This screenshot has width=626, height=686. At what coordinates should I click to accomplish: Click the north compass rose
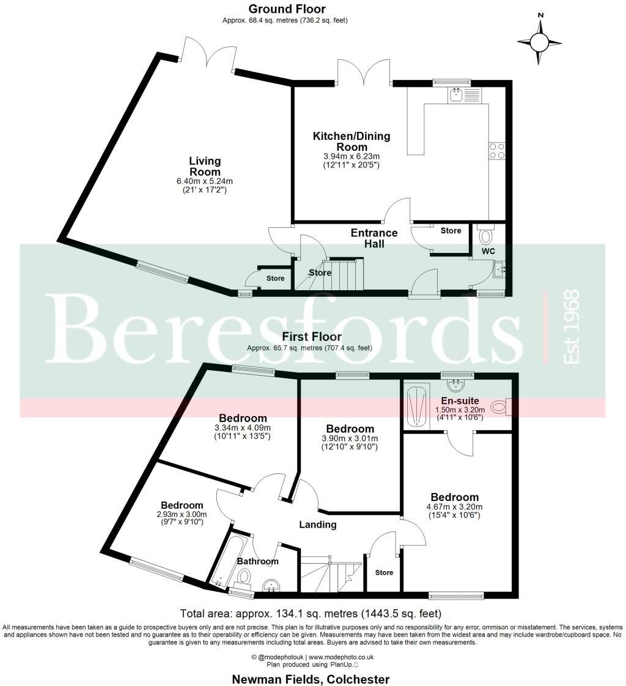pyautogui.click(x=539, y=42)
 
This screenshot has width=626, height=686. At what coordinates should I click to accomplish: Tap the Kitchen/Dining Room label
pyautogui.click(x=352, y=142)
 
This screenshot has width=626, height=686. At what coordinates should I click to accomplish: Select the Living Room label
pyautogui.click(x=205, y=166)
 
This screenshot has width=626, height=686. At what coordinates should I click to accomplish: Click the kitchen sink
pyautogui.click(x=456, y=95)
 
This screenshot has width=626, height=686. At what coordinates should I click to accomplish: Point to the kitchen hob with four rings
pyautogui.click(x=496, y=150)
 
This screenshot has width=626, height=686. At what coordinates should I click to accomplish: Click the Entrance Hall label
pyautogui.click(x=374, y=238)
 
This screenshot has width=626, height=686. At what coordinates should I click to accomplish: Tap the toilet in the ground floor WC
pyautogui.click(x=487, y=235)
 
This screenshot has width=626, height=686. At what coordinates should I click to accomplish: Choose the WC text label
pyautogui.click(x=487, y=252)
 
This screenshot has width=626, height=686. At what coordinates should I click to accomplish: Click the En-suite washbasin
pyautogui.click(x=454, y=384)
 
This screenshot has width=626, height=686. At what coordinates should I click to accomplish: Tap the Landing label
pyautogui.click(x=317, y=525)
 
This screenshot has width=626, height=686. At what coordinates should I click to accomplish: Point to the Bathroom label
pyautogui.click(x=257, y=561)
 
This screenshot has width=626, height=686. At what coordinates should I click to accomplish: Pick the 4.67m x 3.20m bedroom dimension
pyautogui.click(x=454, y=507)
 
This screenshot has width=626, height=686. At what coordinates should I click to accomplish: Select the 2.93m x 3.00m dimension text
pyautogui.click(x=182, y=514)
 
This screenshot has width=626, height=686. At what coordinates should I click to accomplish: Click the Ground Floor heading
pyautogui.click(x=287, y=9)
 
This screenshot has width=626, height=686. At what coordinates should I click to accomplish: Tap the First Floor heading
pyautogui.click(x=312, y=337)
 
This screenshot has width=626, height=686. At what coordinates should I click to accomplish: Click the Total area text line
pyautogui.click(x=311, y=613)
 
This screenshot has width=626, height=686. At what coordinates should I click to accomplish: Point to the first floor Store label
pyautogui.click(x=384, y=572)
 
